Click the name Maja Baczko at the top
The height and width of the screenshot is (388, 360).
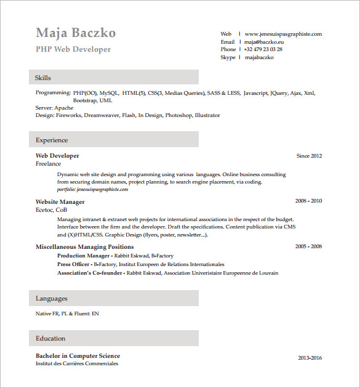[x=76, y=33]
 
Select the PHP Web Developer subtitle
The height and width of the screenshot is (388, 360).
[x=73, y=49]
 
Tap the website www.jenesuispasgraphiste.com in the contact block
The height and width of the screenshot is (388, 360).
[x=283, y=34]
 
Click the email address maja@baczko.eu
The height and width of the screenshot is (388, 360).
[x=264, y=42]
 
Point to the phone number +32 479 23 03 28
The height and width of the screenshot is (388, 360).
[x=263, y=49]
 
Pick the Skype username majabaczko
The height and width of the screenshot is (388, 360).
[x=259, y=57]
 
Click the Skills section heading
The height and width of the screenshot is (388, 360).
[x=43, y=78]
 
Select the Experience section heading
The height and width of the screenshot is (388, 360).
[x=52, y=140]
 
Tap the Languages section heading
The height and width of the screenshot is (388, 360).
[x=52, y=299]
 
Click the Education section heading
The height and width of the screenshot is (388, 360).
[x=50, y=338]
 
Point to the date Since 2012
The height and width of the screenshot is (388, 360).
[x=309, y=156]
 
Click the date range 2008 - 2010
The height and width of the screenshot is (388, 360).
[x=308, y=201]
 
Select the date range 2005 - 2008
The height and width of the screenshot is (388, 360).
[x=308, y=246]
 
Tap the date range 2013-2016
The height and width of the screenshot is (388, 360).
[x=310, y=358]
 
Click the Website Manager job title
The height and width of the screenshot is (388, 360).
[x=60, y=201]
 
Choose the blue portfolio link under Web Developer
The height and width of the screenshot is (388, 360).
[x=92, y=190]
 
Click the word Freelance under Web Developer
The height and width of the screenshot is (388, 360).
[x=49, y=164]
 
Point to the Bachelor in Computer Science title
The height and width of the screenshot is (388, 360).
[x=78, y=355]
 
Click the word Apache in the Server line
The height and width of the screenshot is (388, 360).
[x=63, y=108]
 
